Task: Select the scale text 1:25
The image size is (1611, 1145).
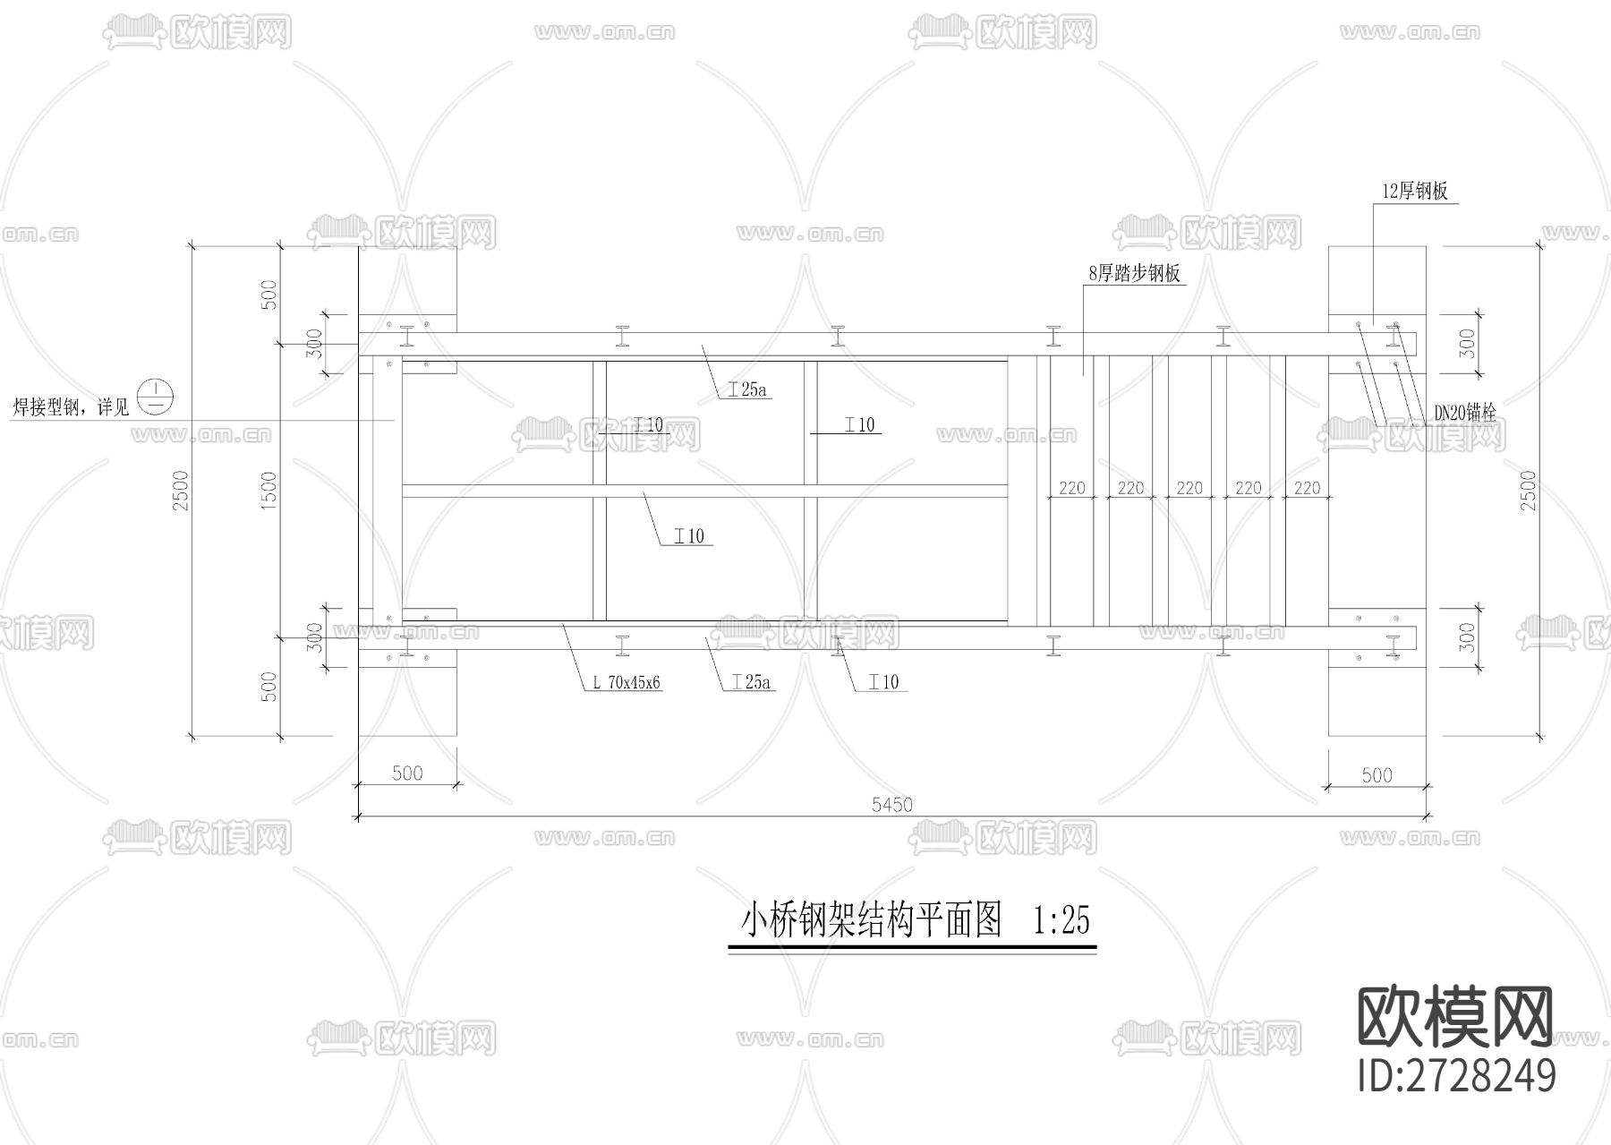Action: pos(1061,920)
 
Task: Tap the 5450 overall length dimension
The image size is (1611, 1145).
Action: pos(891,805)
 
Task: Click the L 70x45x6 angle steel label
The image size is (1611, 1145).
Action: pos(626,682)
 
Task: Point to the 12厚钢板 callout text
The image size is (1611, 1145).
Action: pos(1415,192)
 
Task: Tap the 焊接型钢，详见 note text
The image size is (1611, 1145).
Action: pos(71,407)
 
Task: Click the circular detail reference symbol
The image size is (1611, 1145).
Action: pos(158,396)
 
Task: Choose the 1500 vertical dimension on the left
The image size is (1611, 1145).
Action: pos(268,491)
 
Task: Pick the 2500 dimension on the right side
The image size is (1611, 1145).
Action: pos(1528,491)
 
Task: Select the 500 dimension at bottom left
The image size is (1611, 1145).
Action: pos(407,773)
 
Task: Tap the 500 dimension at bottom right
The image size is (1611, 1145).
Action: pos(1377,774)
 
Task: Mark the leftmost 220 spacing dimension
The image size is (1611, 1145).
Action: pos(1071,488)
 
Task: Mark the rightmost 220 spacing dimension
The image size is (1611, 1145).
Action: pos(1307,488)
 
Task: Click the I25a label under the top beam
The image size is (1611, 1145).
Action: pos(748,389)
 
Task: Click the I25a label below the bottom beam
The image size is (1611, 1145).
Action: pos(751,682)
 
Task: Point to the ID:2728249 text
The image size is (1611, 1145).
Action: pos(1456,1075)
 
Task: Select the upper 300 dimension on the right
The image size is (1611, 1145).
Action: pos(1466,344)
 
